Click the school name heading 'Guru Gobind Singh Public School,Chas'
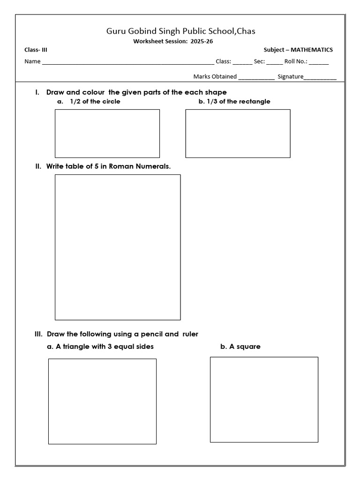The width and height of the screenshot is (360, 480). (180, 31)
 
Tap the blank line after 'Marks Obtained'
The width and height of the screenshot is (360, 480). (256, 77)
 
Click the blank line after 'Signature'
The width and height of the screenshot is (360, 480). (320, 77)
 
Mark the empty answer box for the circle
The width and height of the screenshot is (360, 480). (107, 134)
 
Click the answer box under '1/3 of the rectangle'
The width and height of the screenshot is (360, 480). (238, 134)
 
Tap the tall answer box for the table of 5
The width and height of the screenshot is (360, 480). (118, 247)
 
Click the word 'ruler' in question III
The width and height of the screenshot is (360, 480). (190, 334)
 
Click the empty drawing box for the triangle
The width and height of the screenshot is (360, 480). (102, 401)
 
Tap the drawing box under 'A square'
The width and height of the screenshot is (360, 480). (264, 399)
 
